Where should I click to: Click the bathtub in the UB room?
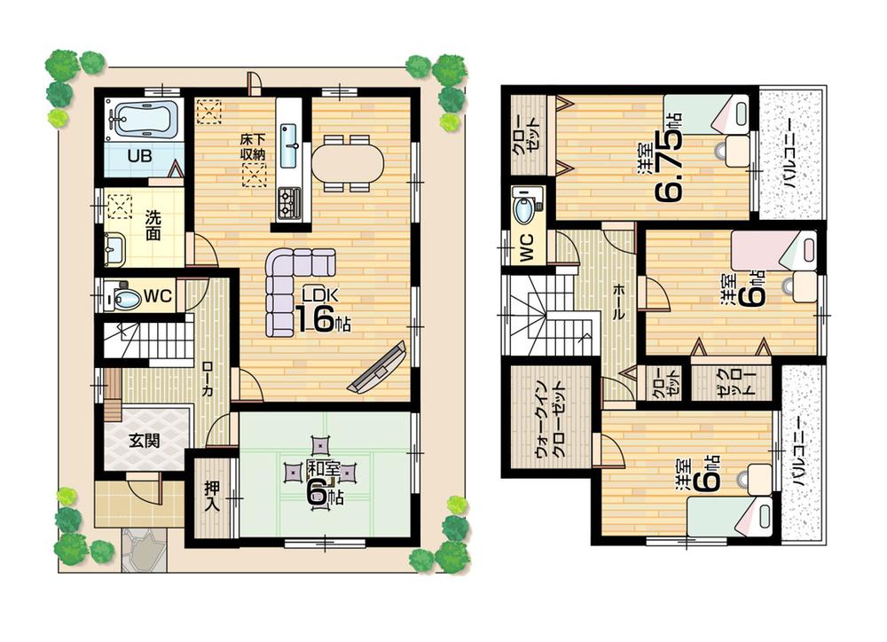click(x=142, y=119)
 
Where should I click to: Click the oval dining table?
click(x=348, y=163)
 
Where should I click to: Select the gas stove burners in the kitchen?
click(x=290, y=203)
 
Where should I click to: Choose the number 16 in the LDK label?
click(x=314, y=318)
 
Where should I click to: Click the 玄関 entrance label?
click(x=144, y=440)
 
